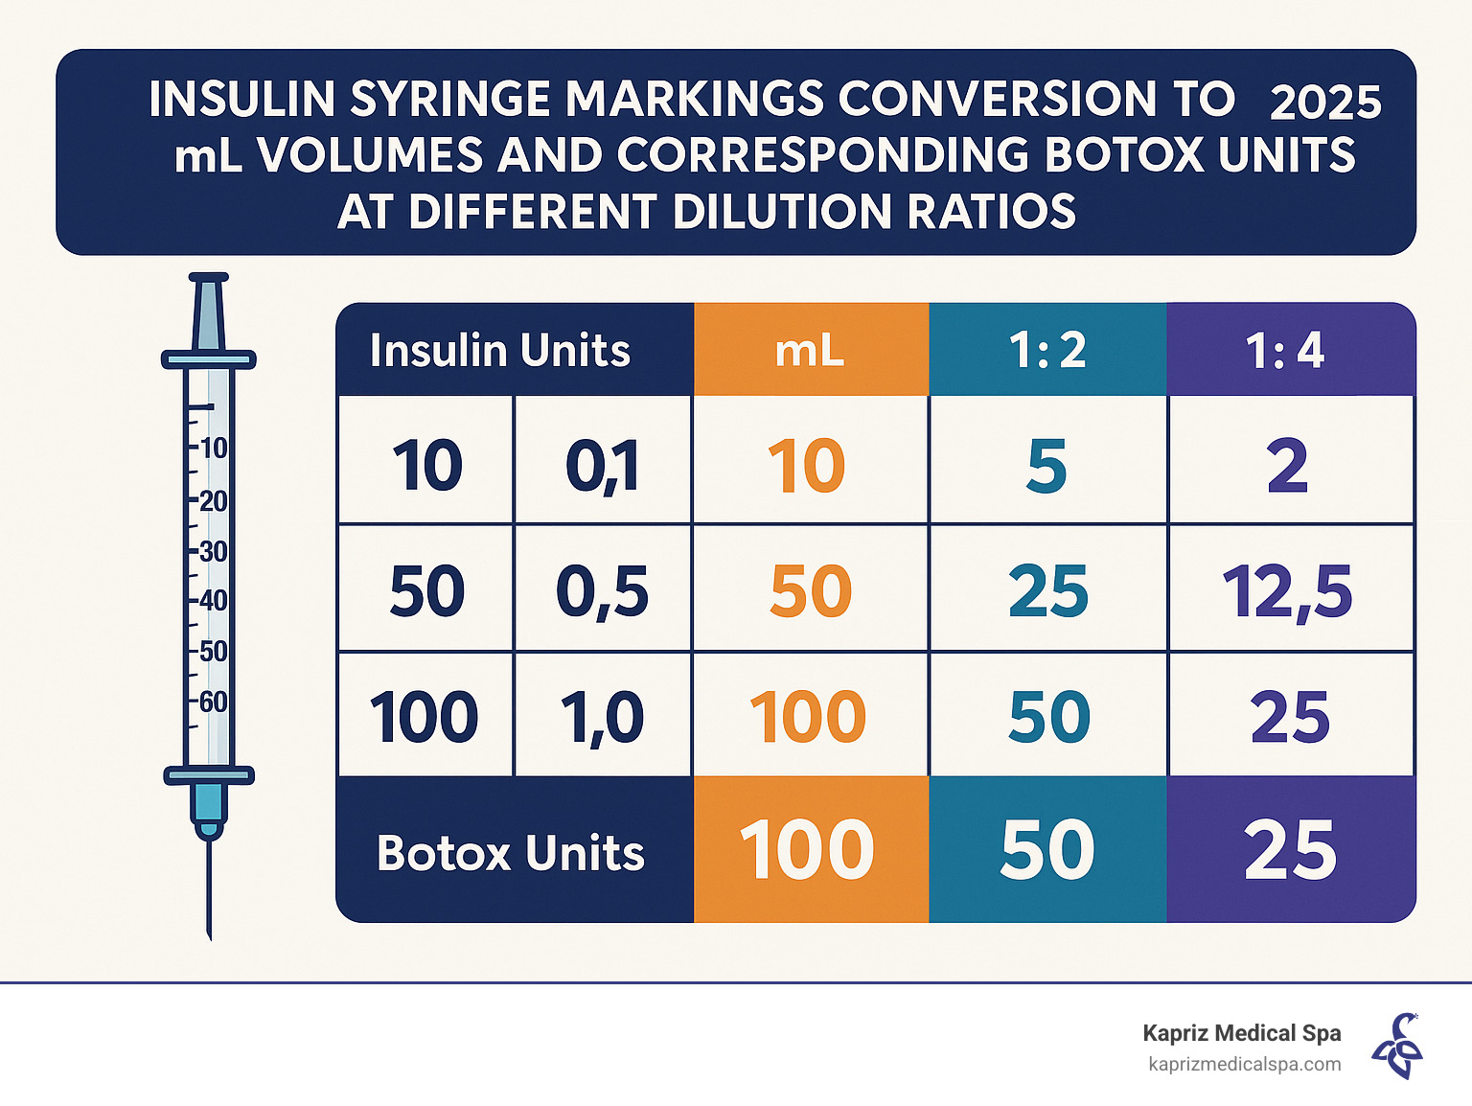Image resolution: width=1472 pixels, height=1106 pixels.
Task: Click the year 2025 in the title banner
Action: pos(1324,103)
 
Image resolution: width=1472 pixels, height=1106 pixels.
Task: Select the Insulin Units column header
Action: pos(499,351)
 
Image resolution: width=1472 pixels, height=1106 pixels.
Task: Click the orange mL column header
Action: pos(810,351)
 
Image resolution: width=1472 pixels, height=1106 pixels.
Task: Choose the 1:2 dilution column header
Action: pos(1047,351)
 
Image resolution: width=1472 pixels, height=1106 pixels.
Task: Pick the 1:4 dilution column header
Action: pos(1285,351)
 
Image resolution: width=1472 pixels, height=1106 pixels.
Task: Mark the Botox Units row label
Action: pos(511,853)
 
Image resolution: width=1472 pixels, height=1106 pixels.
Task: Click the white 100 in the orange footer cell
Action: pos(807,851)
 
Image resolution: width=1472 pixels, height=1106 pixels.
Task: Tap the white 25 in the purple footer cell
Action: pos(1290,851)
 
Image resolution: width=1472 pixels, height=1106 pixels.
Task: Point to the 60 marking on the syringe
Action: pos(213,702)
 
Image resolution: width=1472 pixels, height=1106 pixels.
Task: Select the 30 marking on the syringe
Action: pos(213,551)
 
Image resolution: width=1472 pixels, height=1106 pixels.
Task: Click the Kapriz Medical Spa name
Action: pos(1241,1033)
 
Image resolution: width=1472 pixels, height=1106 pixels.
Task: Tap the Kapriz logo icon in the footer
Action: pos(1397,1047)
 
